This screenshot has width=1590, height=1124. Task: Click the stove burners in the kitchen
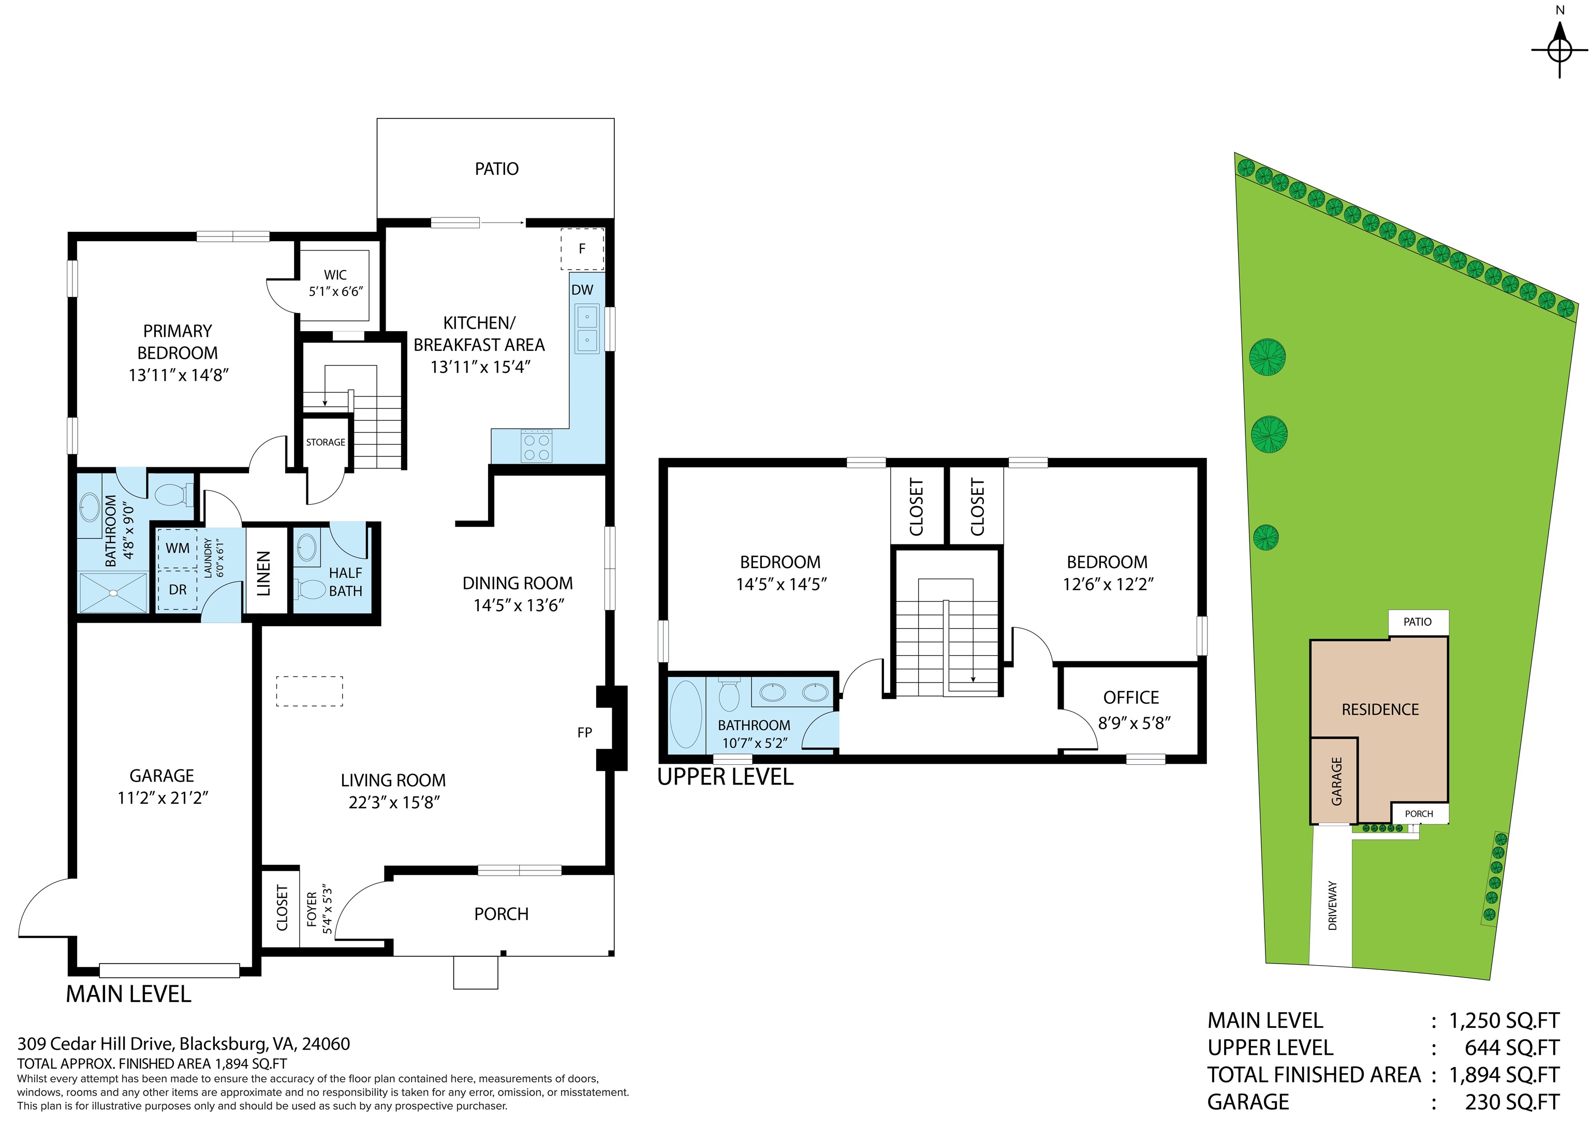tap(537, 448)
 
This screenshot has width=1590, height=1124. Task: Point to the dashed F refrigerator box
tap(582, 248)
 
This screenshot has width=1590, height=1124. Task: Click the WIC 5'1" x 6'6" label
tap(335, 283)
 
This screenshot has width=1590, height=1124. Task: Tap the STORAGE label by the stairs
tap(326, 442)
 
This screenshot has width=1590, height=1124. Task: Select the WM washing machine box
tap(178, 549)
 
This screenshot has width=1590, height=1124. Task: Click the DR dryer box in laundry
tap(178, 590)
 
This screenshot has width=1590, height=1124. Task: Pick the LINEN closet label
tap(264, 573)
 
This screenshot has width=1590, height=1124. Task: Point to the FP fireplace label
tap(584, 732)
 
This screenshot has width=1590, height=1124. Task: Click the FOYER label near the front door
tap(312, 909)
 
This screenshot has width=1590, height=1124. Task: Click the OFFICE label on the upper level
tap(1131, 698)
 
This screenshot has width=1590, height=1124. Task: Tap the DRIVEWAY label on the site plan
tap(1332, 905)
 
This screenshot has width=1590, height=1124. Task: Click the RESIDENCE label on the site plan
tap(1380, 709)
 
